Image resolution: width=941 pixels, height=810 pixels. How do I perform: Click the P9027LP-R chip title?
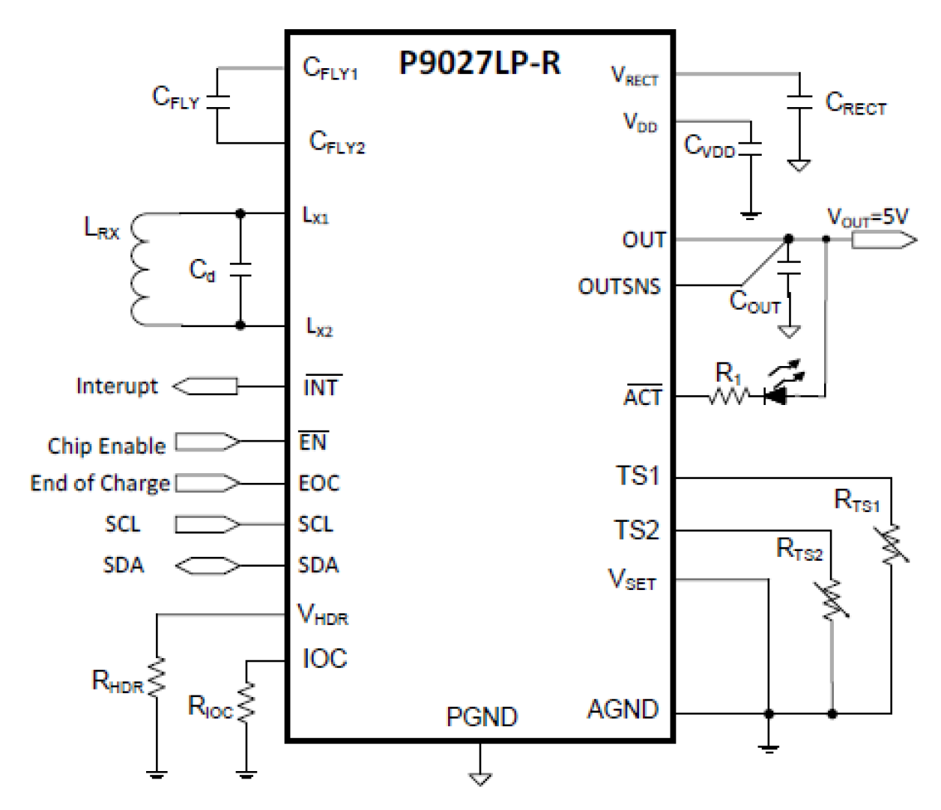479,64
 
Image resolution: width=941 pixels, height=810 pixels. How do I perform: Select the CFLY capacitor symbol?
217,103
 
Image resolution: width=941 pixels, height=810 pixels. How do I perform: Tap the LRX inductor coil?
139,270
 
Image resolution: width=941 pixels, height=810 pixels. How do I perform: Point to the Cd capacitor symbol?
240,270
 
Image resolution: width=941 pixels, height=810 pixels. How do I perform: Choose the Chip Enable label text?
106,445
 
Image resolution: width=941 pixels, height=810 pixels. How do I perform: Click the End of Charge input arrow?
208,484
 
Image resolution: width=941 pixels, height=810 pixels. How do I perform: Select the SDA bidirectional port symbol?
208,565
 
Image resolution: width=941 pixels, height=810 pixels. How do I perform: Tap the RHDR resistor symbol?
157,678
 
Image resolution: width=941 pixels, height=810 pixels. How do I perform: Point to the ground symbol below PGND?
479,779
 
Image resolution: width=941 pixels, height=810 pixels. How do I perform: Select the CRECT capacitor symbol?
799,103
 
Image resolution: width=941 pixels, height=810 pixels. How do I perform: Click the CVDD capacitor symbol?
750,149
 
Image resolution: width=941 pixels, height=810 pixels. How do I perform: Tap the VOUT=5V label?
868,217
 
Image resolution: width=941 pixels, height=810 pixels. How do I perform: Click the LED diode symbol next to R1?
775,395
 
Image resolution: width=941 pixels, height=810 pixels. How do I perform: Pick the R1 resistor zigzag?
727,395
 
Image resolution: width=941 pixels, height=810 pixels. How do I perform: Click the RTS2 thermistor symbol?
832,599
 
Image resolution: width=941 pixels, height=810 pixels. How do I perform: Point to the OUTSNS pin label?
619,287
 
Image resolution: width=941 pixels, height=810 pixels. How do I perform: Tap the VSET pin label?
632,580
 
